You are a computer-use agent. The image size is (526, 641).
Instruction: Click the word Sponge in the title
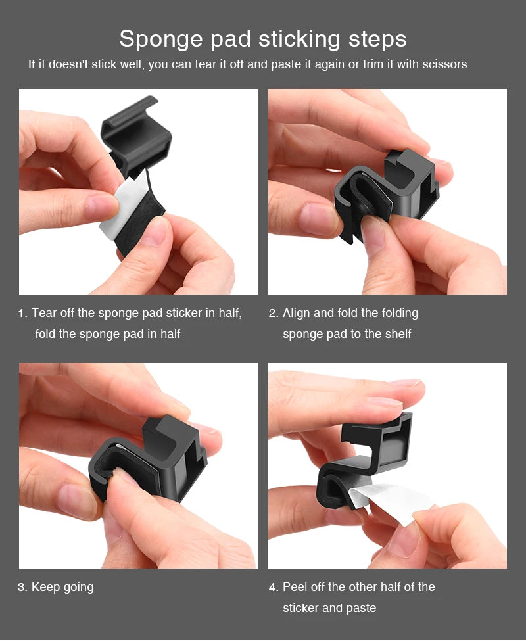coord(160,39)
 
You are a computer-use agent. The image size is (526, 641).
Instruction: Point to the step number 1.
coord(22,314)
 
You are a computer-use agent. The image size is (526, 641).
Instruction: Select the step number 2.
coord(273,314)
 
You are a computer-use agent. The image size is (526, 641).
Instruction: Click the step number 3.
coord(22,587)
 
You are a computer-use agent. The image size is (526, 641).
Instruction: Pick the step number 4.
coord(273,587)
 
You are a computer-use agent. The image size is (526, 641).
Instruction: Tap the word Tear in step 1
coord(45,313)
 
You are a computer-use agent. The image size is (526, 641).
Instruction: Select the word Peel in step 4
coord(296,586)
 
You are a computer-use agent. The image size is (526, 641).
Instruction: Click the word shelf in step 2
coord(396,334)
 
